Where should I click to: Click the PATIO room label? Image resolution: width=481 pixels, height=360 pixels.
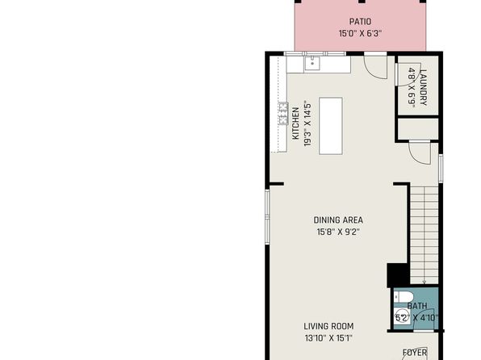(360, 22)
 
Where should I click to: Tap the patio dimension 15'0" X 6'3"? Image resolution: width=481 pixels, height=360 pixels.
(360, 33)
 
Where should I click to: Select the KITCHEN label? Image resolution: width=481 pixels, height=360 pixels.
(295, 123)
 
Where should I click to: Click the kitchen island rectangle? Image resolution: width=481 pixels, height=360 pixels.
(331, 126)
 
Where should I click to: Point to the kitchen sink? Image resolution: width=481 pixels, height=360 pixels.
(312, 64)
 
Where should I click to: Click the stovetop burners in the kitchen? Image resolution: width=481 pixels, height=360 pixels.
(283, 113)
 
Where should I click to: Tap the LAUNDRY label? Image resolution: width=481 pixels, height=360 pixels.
(423, 88)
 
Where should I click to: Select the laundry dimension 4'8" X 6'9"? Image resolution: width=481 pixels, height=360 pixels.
(412, 88)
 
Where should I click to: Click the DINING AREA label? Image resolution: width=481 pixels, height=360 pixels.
(338, 220)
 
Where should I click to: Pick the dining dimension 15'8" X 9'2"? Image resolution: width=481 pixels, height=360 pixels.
(338, 232)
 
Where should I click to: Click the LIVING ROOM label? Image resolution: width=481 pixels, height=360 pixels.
(328, 326)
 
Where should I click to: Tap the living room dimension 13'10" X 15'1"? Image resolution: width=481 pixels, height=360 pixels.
(328, 338)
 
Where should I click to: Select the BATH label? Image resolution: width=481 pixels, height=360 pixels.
(417, 306)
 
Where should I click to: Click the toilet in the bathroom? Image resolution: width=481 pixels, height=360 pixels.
(404, 297)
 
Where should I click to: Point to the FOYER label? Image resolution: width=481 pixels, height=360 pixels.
(415, 353)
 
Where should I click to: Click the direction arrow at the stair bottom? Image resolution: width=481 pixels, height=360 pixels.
(425, 282)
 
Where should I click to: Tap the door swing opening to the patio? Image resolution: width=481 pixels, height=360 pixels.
(375, 68)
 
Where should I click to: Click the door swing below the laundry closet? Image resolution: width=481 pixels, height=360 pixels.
(420, 153)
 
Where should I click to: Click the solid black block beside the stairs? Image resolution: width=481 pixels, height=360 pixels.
(398, 275)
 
